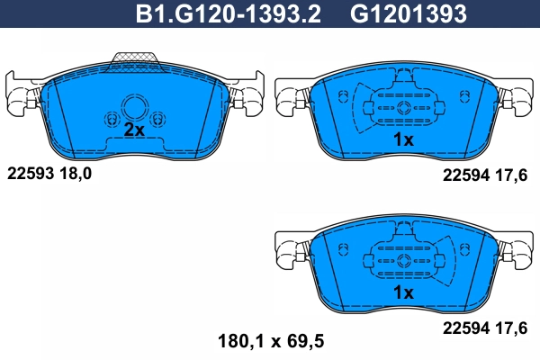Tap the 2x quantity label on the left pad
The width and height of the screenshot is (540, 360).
pyautogui.click(x=133, y=130)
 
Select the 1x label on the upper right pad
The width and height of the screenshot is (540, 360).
pyautogui.click(x=402, y=139)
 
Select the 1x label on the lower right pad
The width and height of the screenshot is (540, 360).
pyautogui.click(x=402, y=293)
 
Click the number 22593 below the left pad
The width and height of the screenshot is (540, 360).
pyautogui.click(x=30, y=174)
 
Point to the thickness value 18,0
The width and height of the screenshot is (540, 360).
pyautogui.click(x=76, y=174)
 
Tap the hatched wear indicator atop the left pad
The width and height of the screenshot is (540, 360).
pyautogui.click(x=133, y=60)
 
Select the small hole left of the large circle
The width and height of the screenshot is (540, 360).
pyautogui.click(x=112, y=119)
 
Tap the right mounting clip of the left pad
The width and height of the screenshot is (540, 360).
pyautogui.click(x=247, y=96)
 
